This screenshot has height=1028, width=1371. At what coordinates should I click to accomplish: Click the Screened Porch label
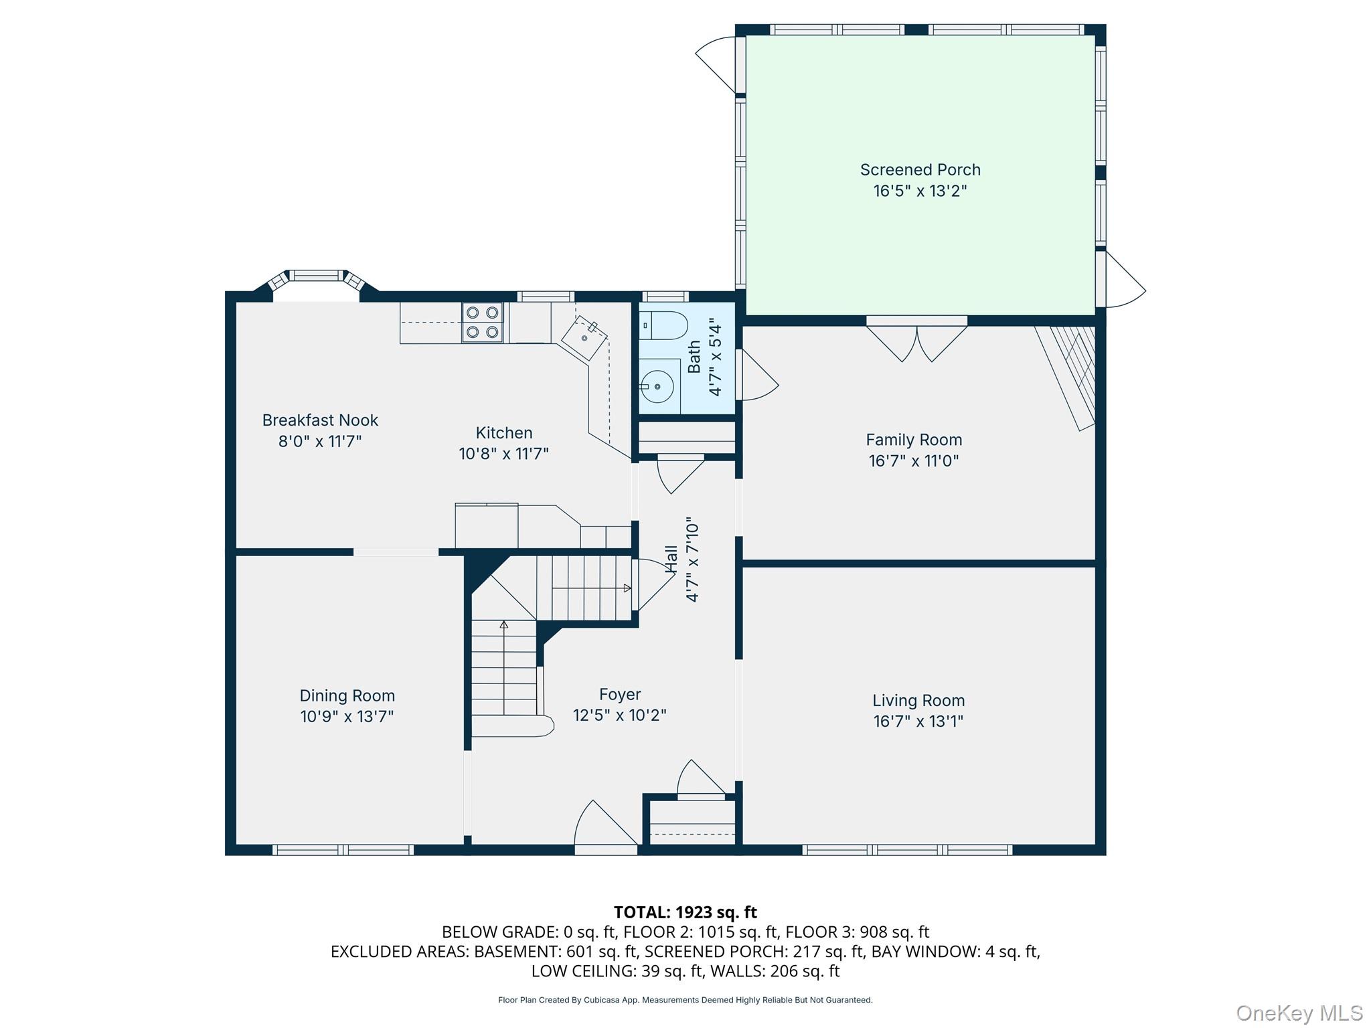pos(920,170)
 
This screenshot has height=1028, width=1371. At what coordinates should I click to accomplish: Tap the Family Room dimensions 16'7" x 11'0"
pos(914,461)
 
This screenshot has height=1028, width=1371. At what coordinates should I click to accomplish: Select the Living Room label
pos(918,701)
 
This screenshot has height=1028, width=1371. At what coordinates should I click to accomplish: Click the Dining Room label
pos(347,696)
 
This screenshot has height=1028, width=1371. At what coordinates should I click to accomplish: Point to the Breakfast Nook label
pos(320,420)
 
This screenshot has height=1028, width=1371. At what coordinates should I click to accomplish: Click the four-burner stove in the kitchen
pos(482,322)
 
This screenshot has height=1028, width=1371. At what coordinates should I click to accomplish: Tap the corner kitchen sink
pos(584,337)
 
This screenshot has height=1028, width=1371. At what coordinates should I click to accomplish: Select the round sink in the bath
pos(657,387)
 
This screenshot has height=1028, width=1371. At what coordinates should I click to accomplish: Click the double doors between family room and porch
pos(916,340)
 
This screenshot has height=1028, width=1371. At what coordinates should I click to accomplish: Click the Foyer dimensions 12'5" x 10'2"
pos(619,715)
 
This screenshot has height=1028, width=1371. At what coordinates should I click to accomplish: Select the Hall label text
pos(671,559)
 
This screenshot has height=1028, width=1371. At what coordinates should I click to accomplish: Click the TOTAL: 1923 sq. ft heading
pos(685,912)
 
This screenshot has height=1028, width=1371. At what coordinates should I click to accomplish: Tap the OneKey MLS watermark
pos(1299,1013)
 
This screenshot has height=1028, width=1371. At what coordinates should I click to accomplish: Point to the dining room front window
pos(343,850)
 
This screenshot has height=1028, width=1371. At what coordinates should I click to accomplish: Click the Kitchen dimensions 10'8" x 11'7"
pos(503,454)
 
